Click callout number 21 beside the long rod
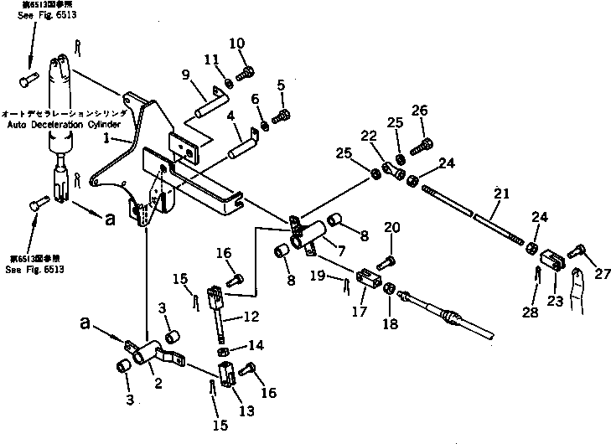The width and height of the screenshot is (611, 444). click(500, 194)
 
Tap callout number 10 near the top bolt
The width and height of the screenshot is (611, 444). click(236, 44)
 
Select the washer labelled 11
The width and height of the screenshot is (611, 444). click(229, 83)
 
